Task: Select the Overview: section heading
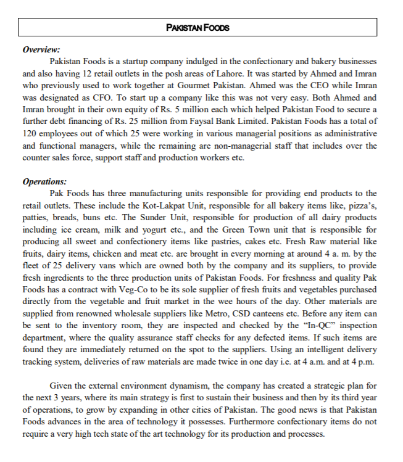point(41,50)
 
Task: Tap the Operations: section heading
point(44,182)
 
